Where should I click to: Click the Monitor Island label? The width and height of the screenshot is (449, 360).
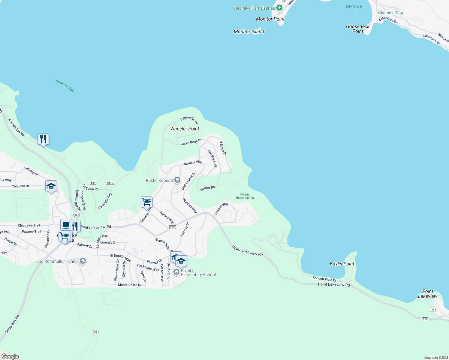coord(249,31)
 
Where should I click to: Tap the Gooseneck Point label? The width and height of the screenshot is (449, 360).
coord(358,29)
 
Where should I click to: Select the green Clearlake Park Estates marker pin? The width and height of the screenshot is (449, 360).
coord(279,8)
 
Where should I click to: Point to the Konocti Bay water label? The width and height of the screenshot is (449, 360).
coord(65,85)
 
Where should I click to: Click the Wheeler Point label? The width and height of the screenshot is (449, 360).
coord(185,129)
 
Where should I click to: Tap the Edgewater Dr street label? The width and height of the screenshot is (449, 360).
coord(189,120)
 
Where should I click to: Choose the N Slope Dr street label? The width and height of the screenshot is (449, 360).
coord(223,148)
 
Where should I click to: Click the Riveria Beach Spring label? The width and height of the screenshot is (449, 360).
coord(245,196)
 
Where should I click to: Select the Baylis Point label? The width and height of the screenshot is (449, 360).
coord(342,264)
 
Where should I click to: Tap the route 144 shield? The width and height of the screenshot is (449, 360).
coord(432,310)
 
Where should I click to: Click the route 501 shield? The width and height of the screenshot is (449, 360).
coord(95,332)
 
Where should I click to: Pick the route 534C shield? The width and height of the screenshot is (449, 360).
coord(110,183)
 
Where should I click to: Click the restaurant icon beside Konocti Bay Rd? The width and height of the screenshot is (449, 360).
coord(43,139)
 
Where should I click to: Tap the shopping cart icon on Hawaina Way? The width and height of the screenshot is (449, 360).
coord(146,202)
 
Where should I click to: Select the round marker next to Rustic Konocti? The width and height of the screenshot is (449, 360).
coord(177,180)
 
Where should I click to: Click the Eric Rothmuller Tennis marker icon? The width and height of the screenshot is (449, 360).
coord(83,261)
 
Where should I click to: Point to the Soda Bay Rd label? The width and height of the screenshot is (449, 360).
coord(12,324)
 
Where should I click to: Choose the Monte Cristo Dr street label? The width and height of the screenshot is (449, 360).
coord(130,285)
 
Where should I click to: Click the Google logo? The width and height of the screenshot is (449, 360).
coord(10,356)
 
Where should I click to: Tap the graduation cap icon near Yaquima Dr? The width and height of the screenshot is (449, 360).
coord(51,186)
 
